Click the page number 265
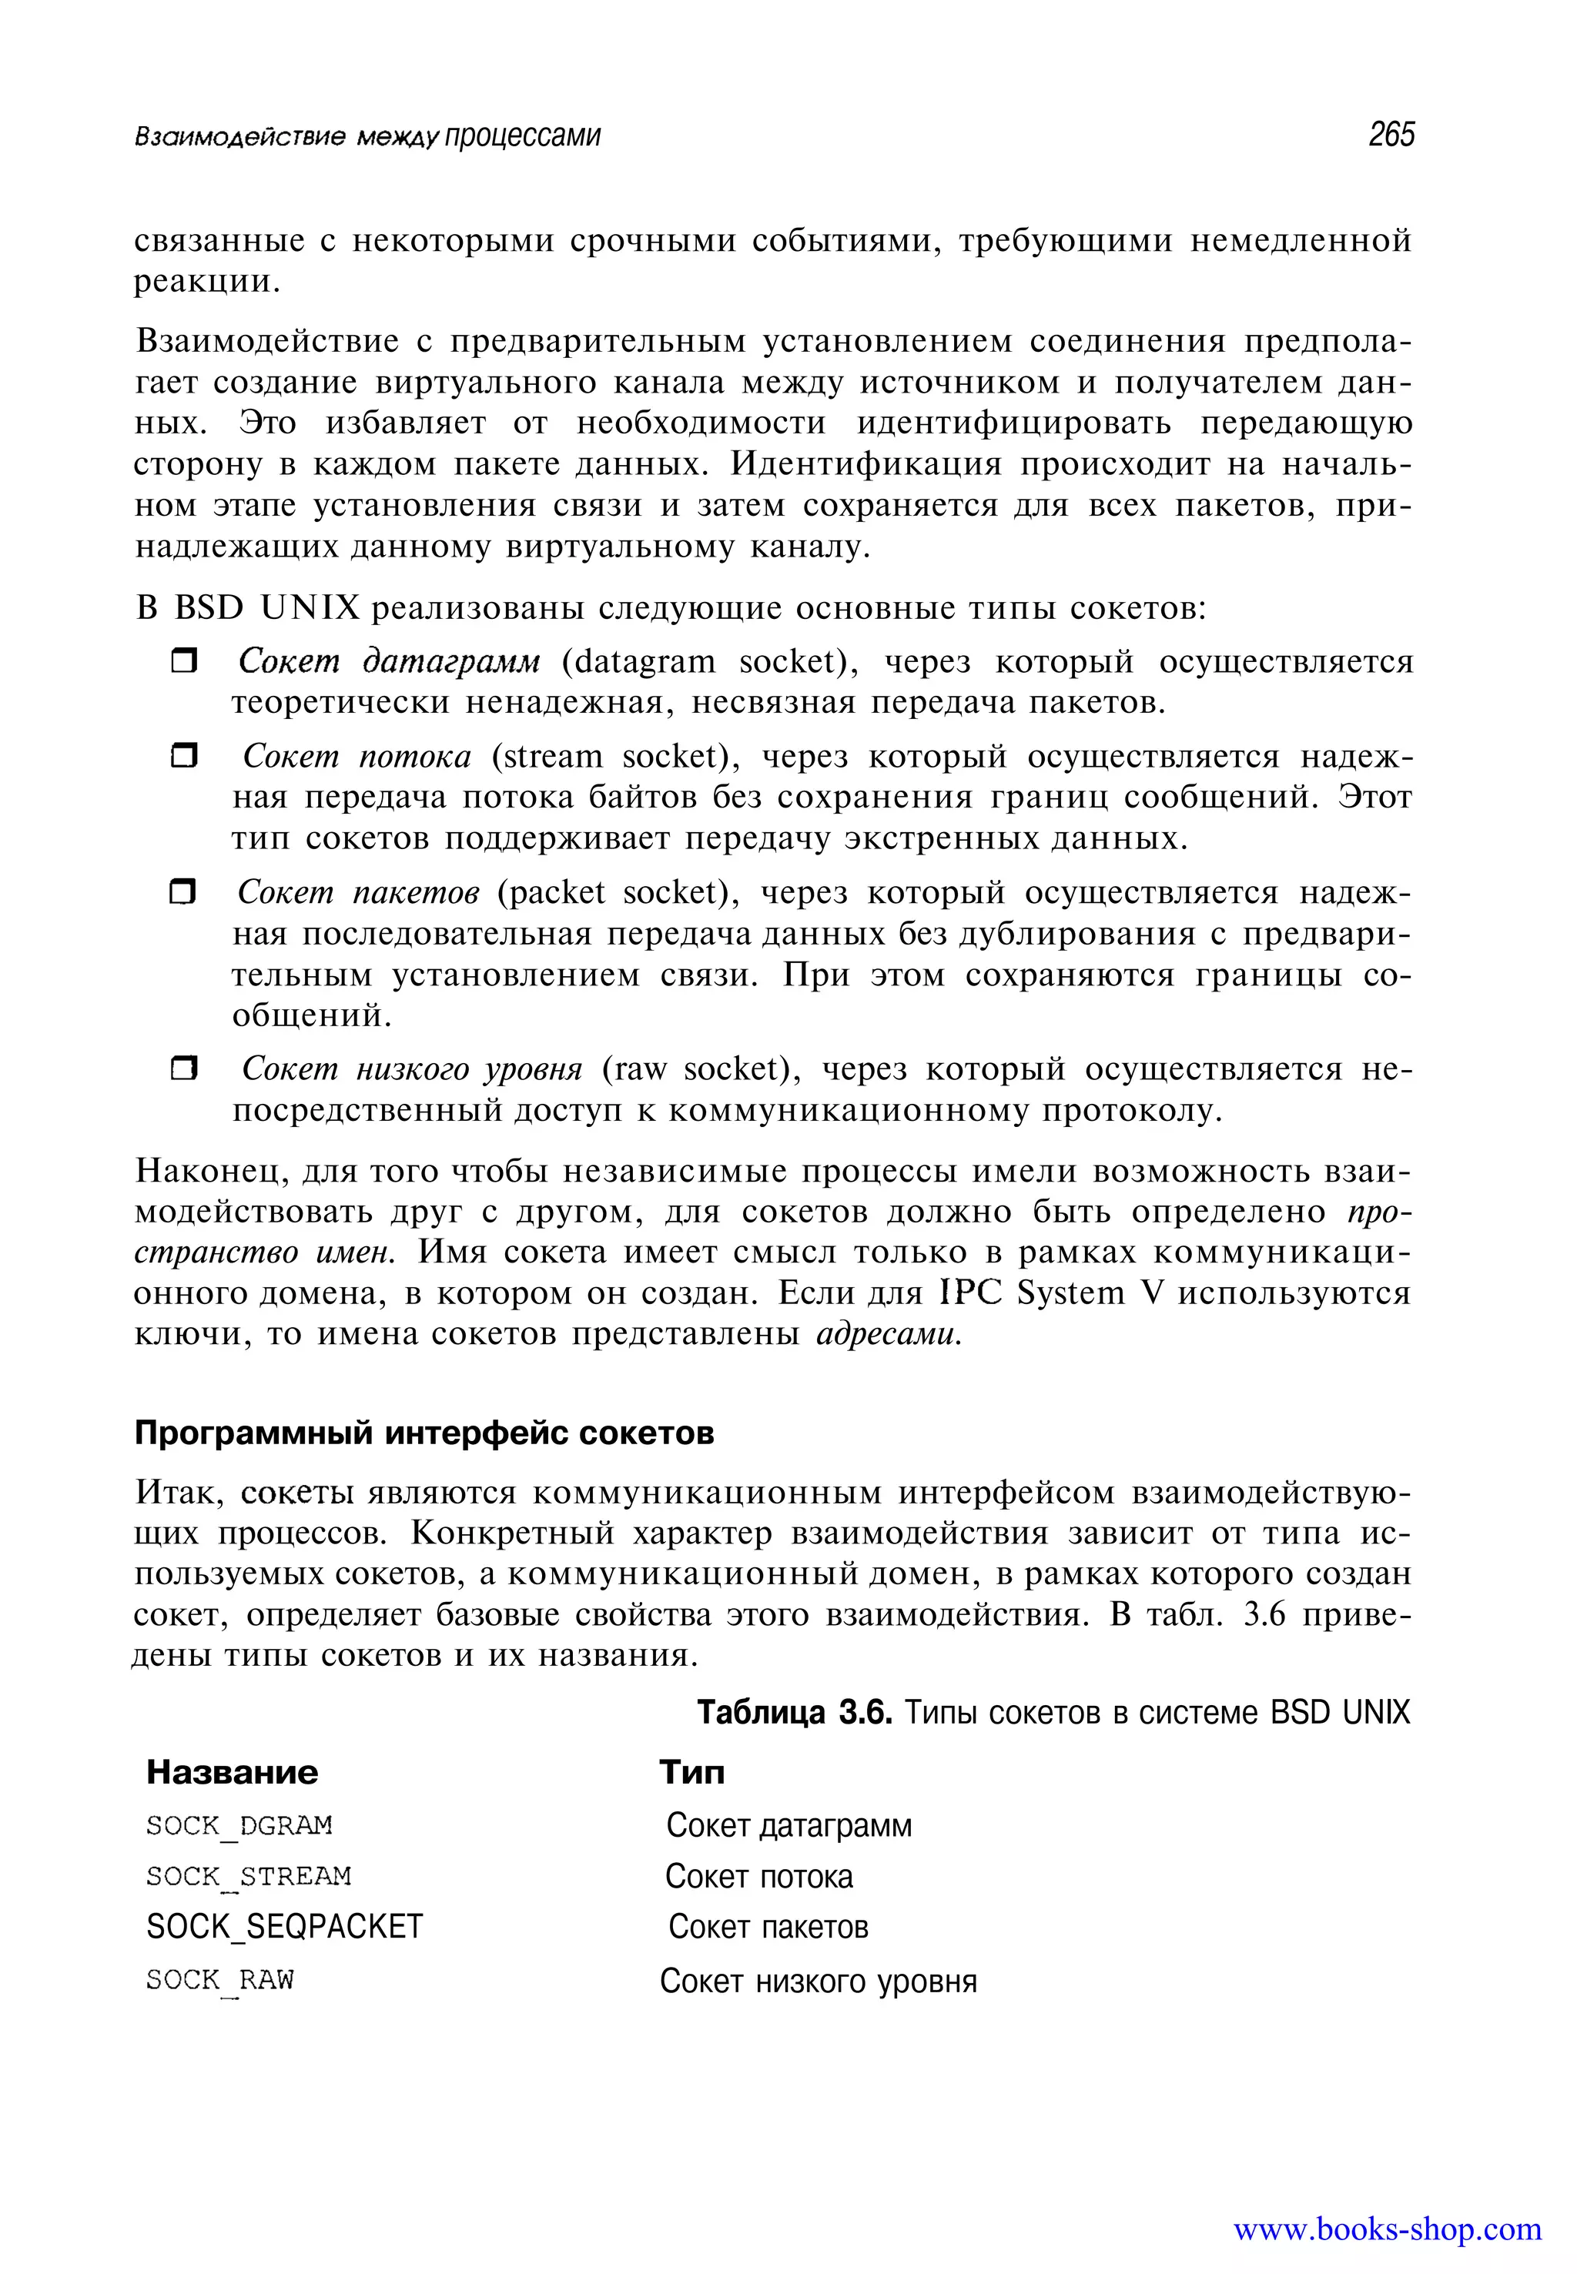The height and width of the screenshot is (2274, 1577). click(x=1391, y=135)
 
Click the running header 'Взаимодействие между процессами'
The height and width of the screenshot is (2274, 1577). click(x=367, y=136)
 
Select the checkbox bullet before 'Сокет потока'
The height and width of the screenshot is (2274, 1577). click(x=184, y=757)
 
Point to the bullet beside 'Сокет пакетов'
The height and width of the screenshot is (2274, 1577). click(x=184, y=893)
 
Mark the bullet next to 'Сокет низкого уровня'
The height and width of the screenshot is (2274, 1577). click(x=184, y=1068)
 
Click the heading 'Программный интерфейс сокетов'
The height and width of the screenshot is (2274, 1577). click(x=424, y=1433)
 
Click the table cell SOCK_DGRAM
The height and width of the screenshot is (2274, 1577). click(x=239, y=1825)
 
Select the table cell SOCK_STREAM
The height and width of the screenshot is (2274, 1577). click(x=248, y=1876)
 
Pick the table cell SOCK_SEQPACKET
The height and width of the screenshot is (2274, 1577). click(x=285, y=1926)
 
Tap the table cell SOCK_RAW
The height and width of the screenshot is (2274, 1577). click(x=219, y=1980)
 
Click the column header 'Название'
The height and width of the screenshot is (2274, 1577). click(x=233, y=1772)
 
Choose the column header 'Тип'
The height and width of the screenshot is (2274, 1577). click(x=691, y=1772)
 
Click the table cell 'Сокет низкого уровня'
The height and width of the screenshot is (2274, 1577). click(x=818, y=1981)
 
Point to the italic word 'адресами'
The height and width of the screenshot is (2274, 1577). click(x=889, y=1335)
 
